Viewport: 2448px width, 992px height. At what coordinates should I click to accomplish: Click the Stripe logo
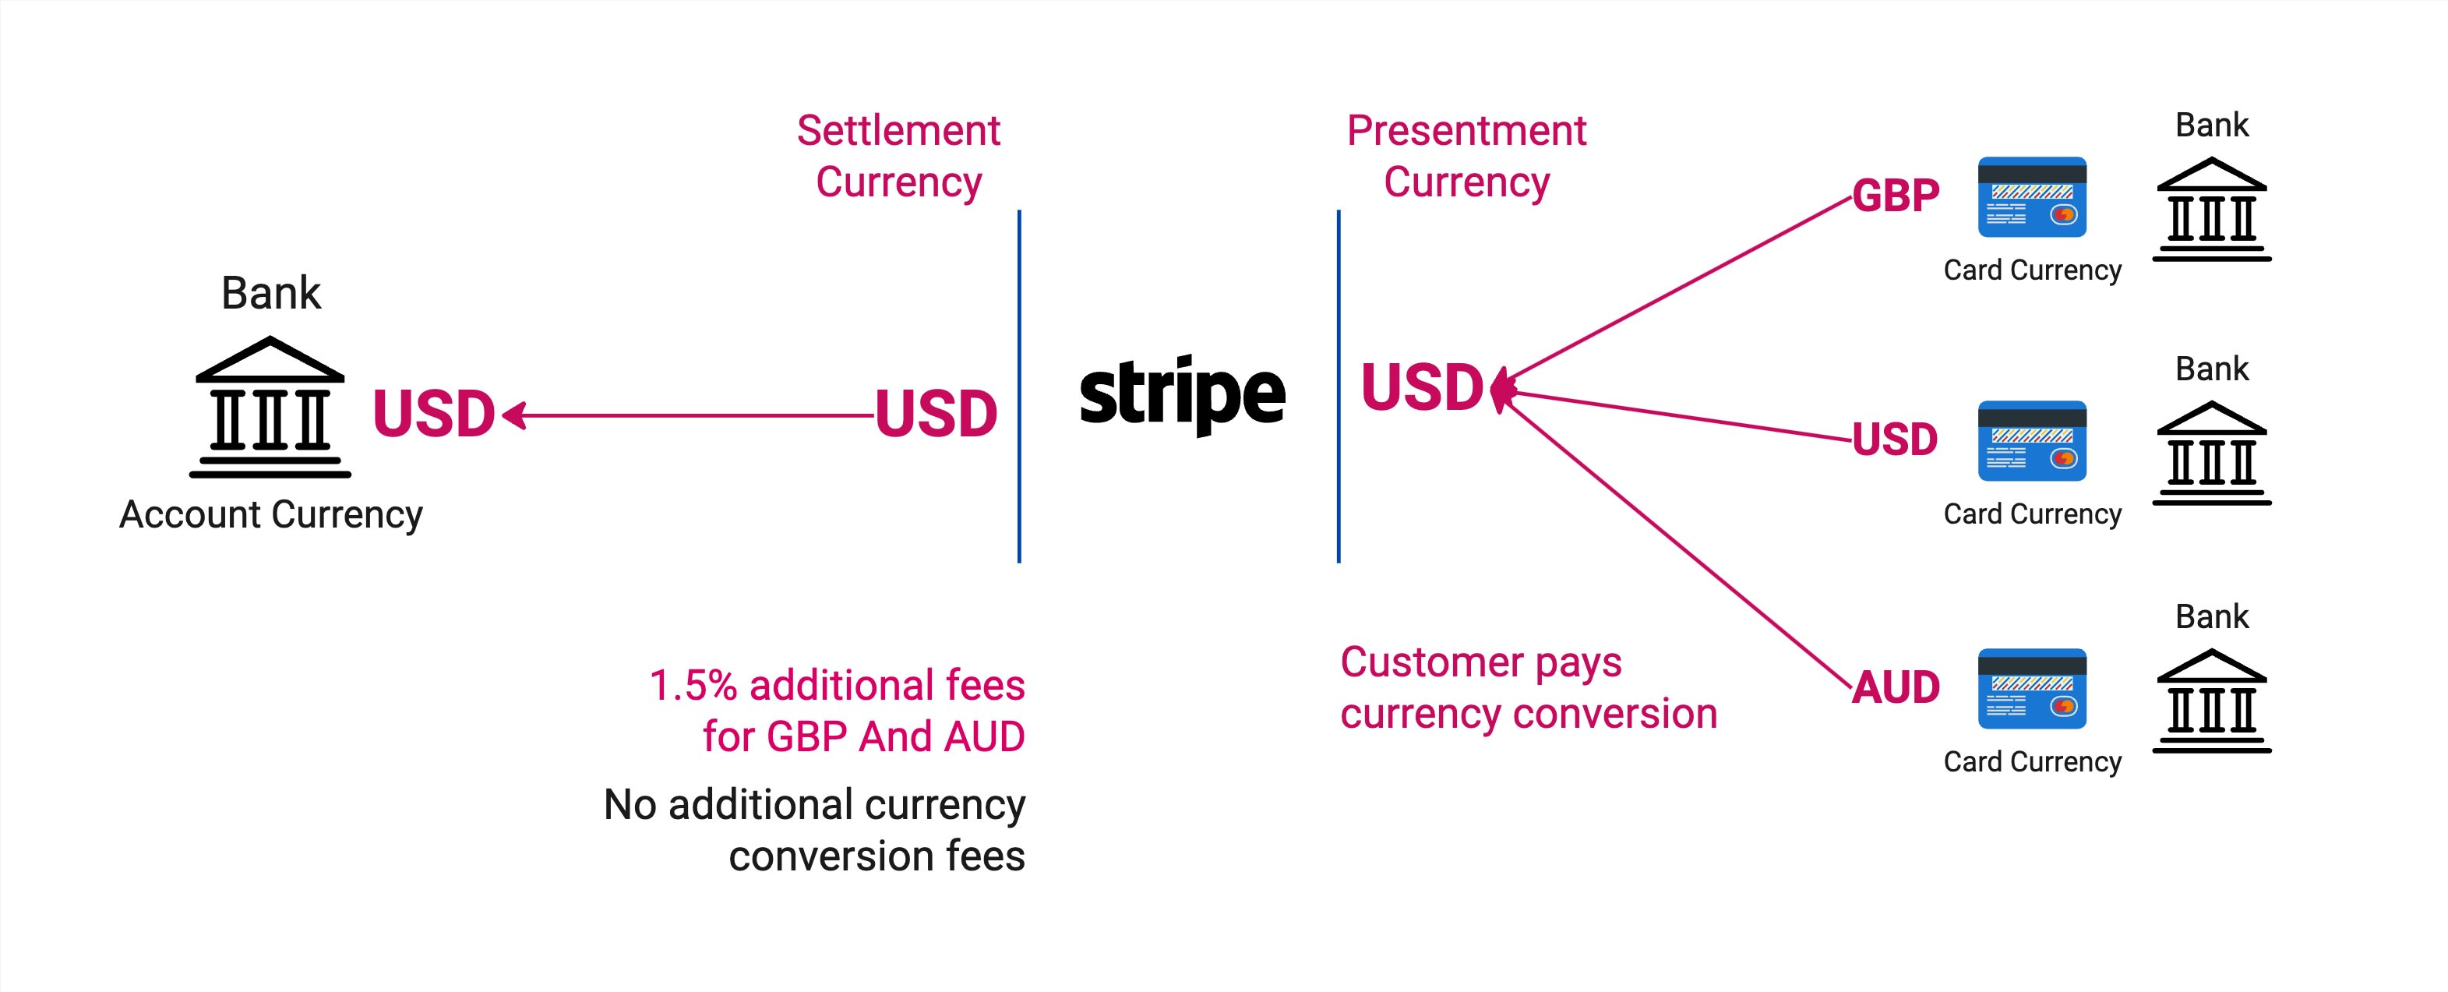[x=1182, y=394]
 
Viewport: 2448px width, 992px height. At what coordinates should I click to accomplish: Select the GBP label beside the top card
[x=1895, y=196]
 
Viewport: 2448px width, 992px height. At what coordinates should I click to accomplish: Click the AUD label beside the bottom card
[x=1896, y=687]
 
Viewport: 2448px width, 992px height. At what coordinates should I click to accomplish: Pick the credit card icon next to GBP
[x=2032, y=196]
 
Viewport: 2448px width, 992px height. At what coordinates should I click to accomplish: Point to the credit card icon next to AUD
[x=2032, y=689]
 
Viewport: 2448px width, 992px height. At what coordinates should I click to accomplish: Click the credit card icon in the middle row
[x=2032, y=441]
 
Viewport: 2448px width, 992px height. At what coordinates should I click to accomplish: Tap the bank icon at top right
[x=2211, y=209]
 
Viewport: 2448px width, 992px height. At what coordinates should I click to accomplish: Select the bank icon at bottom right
[x=2211, y=701]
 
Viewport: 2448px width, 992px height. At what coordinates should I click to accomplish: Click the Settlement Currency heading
[x=898, y=156]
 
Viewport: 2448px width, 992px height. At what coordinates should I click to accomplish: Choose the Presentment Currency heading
[x=1466, y=156]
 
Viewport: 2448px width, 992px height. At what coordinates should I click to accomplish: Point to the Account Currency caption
[x=271, y=514]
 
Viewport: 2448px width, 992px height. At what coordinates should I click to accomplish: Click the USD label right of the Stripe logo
[x=1422, y=387]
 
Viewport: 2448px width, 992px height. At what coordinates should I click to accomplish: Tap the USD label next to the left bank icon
[x=433, y=415]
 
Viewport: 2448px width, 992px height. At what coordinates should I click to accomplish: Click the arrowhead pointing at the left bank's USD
[x=514, y=415]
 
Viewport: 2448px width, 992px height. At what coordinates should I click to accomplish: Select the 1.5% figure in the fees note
[x=693, y=685]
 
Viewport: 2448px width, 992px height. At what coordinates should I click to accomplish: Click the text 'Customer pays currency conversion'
[x=1528, y=687]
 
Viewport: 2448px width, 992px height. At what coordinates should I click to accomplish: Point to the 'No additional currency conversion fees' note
[x=814, y=829]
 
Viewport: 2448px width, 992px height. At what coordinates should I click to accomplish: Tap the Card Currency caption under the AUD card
[x=2032, y=761]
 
